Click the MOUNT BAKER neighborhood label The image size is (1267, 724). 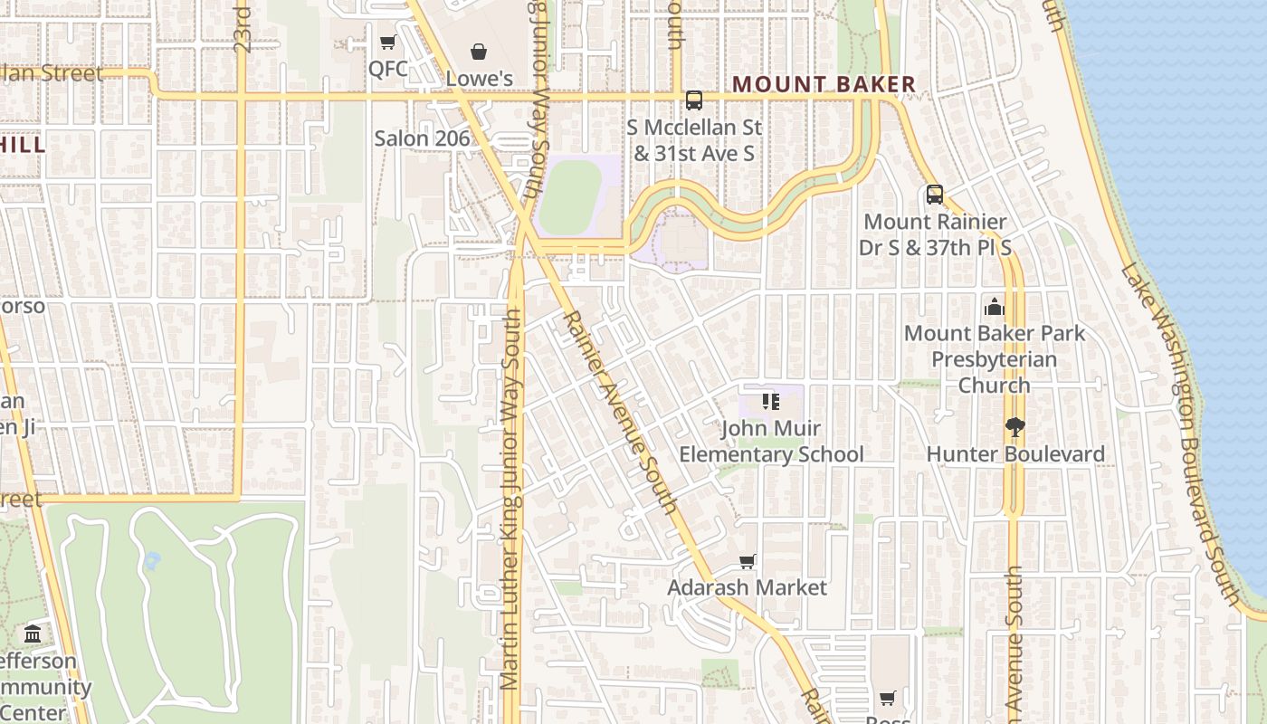pyautogui.click(x=824, y=85)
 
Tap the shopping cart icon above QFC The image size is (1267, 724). pyautogui.click(x=388, y=43)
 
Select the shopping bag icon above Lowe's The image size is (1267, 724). pyautogui.click(x=479, y=52)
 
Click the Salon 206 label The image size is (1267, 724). pyautogui.click(x=422, y=138)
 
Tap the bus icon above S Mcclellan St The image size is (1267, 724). pyautogui.click(x=694, y=100)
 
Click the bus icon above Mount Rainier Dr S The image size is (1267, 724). pyautogui.click(x=935, y=195)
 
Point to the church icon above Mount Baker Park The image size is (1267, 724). pyautogui.click(x=995, y=307)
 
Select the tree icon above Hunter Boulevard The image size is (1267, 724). pyautogui.click(x=1015, y=427)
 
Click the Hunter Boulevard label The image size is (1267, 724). pyautogui.click(x=1015, y=454)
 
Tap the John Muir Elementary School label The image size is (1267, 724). pyautogui.click(x=771, y=442)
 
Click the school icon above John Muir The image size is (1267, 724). pyautogui.click(x=770, y=402)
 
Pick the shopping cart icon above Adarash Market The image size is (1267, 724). pyautogui.click(x=748, y=562)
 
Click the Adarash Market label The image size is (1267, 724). pyautogui.click(x=747, y=588)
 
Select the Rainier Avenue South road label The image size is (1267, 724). pyautogui.click(x=620, y=412)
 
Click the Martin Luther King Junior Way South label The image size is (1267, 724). pyautogui.click(x=511, y=498)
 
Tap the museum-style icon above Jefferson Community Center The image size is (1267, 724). pyautogui.click(x=33, y=633)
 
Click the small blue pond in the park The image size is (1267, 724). pyautogui.click(x=152, y=561)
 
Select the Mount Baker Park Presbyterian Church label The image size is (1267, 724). pyautogui.click(x=994, y=359)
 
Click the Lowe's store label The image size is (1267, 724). pyautogui.click(x=479, y=79)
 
